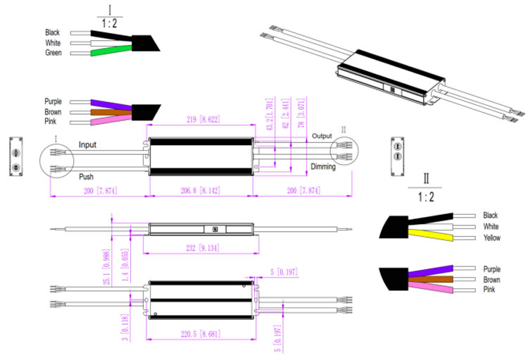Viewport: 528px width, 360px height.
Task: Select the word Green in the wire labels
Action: (53, 53)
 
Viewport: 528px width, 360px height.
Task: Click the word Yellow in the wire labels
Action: (493, 238)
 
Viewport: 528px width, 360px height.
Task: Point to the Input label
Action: (87, 144)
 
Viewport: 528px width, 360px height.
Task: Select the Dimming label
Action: (324, 167)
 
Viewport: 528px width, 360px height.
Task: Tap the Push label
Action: (86, 177)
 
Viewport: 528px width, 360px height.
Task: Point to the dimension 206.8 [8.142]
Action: (201, 190)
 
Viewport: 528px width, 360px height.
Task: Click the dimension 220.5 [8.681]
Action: (201, 333)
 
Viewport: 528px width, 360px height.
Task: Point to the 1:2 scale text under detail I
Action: (111, 23)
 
